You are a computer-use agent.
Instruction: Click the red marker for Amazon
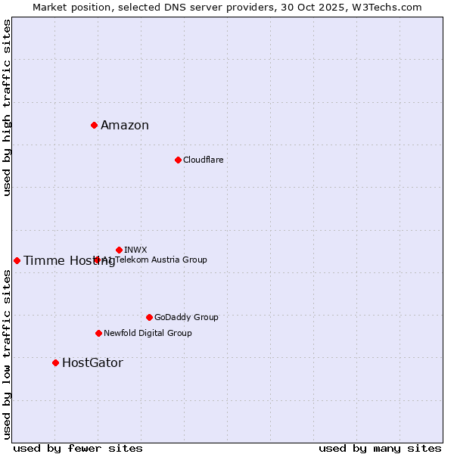tap(94, 125)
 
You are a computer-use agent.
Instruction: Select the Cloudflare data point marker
tap(178, 160)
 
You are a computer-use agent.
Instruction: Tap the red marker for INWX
tap(119, 250)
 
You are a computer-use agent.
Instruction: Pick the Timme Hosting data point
tap(17, 260)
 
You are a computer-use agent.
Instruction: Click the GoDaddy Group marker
tap(149, 317)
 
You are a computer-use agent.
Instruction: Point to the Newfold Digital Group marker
tap(98, 333)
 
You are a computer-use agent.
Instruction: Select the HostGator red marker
tap(55, 362)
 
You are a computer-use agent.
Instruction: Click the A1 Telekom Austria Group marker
tap(97, 260)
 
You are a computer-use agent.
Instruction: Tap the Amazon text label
tap(125, 126)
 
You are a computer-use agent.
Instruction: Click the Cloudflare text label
tap(203, 160)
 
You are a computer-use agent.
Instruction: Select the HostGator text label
tap(92, 363)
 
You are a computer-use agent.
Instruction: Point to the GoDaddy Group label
tap(186, 317)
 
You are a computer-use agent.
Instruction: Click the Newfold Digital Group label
tap(148, 333)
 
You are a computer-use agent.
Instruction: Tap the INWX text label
tap(135, 250)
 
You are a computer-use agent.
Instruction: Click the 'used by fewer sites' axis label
tap(78, 448)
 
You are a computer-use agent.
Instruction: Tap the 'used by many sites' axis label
tap(380, 448)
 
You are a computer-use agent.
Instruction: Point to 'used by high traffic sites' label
tap(7, 107)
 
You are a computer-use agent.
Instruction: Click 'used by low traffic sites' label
tap(7, 353)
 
